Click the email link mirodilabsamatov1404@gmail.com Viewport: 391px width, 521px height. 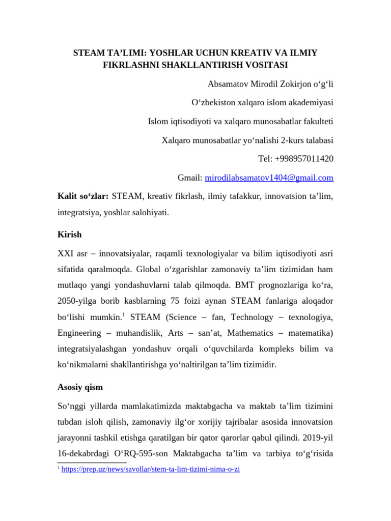269,178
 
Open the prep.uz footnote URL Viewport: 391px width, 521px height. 150,470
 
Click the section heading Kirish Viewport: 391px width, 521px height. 69,235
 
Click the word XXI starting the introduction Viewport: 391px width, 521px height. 65,253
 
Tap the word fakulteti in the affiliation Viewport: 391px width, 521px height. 317,121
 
